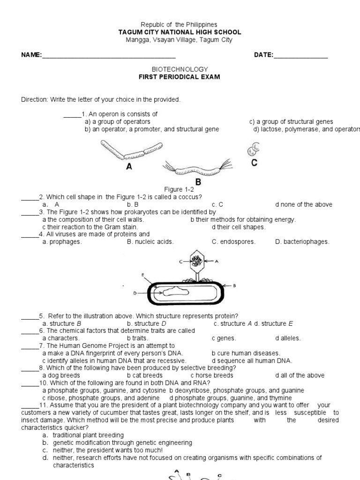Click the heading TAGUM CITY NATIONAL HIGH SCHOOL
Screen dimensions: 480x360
180,32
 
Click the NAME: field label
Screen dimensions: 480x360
31,55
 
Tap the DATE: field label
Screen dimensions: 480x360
264,55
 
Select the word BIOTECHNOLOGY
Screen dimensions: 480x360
180,69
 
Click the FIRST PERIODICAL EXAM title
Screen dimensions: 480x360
180,77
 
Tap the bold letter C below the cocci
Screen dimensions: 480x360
254,163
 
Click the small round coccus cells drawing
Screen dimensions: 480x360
254,150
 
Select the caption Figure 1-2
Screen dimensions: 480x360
179,189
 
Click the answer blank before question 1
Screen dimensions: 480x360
72,114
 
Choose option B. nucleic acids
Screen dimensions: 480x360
150,242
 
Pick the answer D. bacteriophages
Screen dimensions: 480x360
302,242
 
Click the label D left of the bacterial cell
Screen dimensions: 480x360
135,293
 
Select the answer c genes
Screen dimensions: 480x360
224,338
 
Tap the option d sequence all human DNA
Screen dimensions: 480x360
252,360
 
